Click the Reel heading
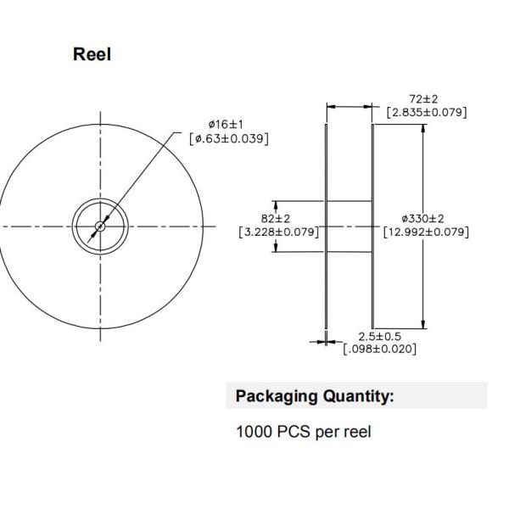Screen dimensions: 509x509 pyautogui.click(x=92, y=54)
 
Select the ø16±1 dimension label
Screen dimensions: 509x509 pyautogui.click(x=226, y=124)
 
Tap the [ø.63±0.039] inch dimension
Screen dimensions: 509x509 pyautogui.click(x=229, y=138)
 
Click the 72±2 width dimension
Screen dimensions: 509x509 pyautogui.click(x=423, y=98)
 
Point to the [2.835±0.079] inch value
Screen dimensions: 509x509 pyautogui.click(x=427, y=112)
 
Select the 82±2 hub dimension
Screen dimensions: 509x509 pyautogui.click(x=276, y=219)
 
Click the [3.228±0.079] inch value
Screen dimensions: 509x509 pyautogui.click(x=279, y=232)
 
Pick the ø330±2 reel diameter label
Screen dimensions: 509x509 pyautogui.click(x=422, y=219)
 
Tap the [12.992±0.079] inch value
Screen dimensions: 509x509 pyautogui.click(x=426, y=232)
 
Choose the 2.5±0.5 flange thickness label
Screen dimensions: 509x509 pyautogui.click(x=379, y=336)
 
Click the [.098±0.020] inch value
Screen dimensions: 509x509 pyautogui.click(x=379, y=349)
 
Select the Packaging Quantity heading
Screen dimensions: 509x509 pyautogui.click(x=315, y=397)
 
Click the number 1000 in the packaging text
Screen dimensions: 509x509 pyautogui.click(x=255, y=432)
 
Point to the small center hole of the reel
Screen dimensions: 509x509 pyautogui.click(x=100, y=227)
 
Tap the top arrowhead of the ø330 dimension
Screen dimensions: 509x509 pyautogui.click(x=423, y=129)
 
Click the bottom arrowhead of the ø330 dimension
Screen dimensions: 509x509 pyautogui.click(x=423, y=324)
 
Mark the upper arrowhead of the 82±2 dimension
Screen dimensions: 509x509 pyautogui.click(x=276, y=205)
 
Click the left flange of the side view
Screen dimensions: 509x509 pyautogui.click(x=326, y=227)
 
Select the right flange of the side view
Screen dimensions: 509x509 pyautogui.click(x=372, y=227)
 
